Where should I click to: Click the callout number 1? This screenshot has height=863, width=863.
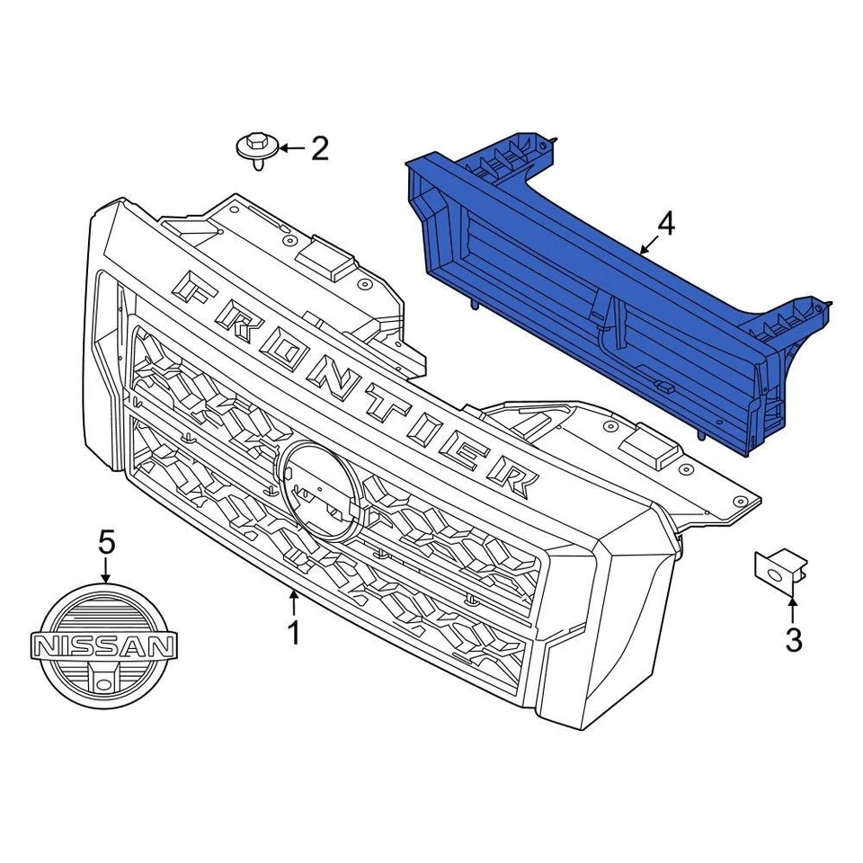pyautogui.click(x=292, y=633)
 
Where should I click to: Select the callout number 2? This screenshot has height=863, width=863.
pyautogui.click(x=319, y=148)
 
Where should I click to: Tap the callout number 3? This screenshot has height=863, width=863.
pyautogui.click(x=793, y=640)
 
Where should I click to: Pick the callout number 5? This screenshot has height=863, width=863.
pyautogui.click(x=106, y=541)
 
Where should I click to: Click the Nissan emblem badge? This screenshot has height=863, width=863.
pyautogui.click(x=103, y=645)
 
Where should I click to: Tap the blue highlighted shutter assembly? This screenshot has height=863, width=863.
pyautogui.click(x=593, y=297)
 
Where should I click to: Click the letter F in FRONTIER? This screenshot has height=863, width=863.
pyautogui.click(x=196, y=288)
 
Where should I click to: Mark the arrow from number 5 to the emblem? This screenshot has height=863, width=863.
pyautogui.click(x=106, y=569)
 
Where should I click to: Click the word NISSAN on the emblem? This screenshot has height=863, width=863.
pyautogui.click(x=103, y=645)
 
